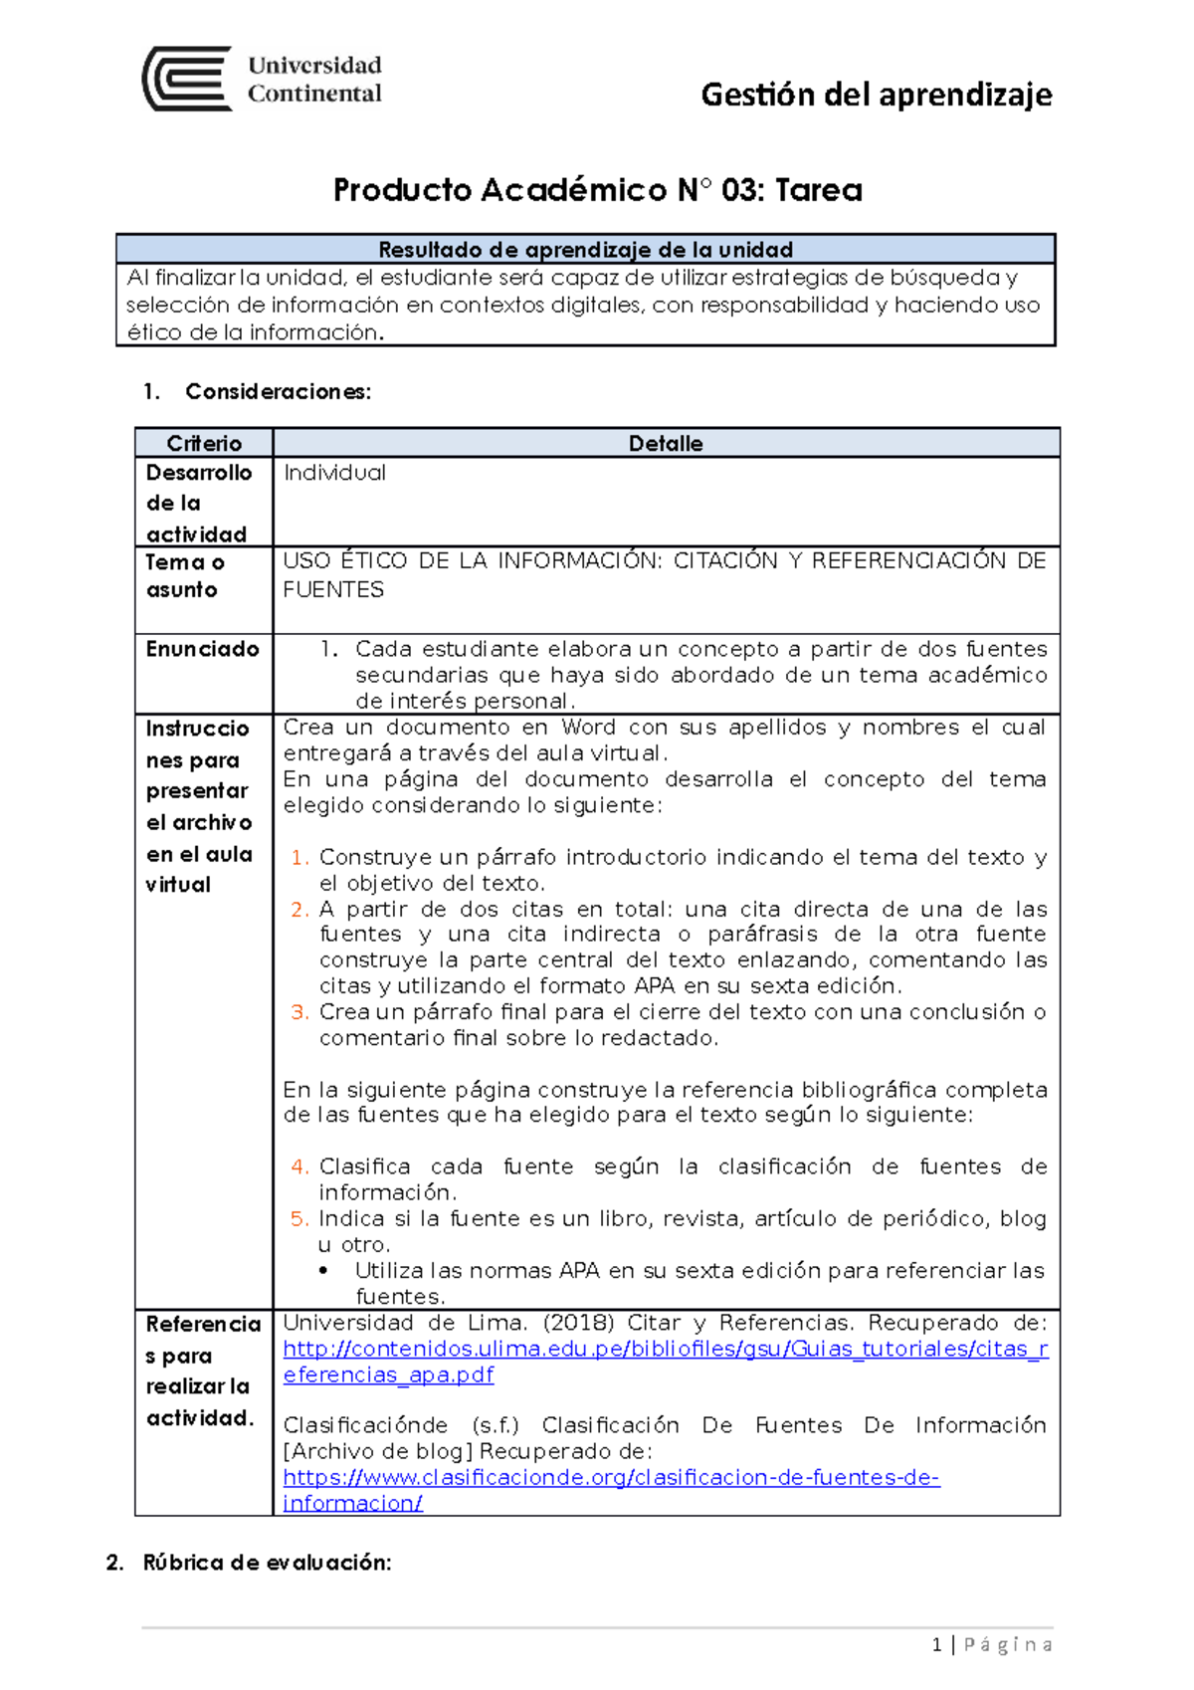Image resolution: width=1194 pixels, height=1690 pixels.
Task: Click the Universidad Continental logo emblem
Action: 187,79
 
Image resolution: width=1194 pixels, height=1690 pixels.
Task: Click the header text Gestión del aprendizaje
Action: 876,95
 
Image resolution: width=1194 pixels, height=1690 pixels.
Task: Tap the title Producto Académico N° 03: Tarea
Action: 597,189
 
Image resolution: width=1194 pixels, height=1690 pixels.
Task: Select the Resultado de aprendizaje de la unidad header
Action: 585,249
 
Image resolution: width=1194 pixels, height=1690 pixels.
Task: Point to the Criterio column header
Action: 204,443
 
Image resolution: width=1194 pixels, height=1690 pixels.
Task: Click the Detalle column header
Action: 666,443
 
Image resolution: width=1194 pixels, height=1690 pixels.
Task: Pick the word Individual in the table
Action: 334,473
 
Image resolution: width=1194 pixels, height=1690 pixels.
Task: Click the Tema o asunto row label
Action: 185,575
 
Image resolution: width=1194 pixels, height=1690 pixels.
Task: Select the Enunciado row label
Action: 202,649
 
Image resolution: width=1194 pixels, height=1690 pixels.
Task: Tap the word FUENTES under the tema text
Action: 333,589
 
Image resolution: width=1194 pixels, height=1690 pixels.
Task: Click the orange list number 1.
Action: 298,857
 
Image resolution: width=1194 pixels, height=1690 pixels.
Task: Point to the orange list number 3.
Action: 298,1011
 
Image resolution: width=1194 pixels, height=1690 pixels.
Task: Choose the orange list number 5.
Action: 298,1218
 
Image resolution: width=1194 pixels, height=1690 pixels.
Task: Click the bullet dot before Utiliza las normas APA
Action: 324,1271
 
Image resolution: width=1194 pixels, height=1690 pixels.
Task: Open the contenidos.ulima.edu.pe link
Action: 665,1349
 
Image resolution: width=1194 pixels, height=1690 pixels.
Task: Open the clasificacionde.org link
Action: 611,1477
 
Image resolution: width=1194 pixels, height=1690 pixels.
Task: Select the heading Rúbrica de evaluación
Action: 267,1562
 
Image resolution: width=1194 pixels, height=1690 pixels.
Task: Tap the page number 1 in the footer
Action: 936,1644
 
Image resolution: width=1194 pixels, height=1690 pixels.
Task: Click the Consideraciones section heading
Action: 278,391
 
